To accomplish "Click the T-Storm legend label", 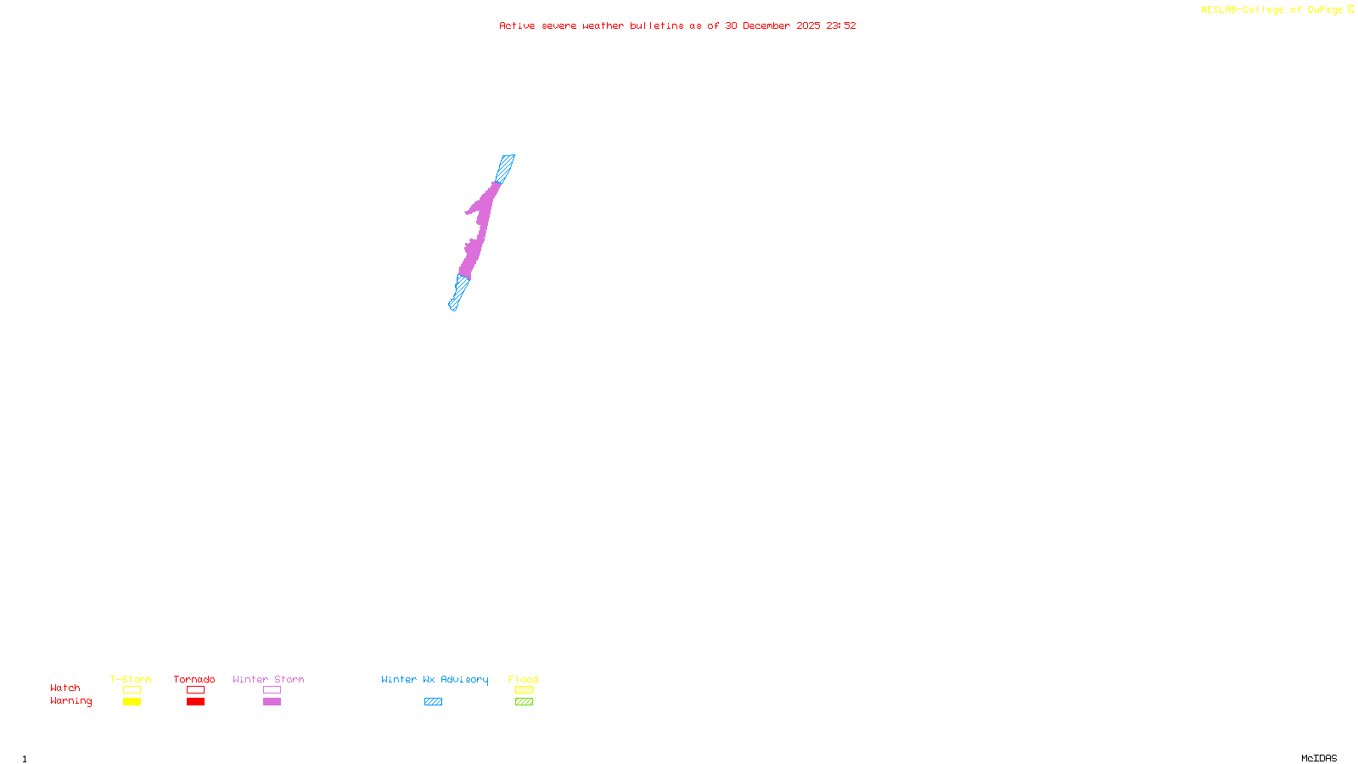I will point(131,679).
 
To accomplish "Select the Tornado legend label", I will point(194,679).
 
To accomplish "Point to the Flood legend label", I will point(524,679).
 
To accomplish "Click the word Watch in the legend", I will point(65,688).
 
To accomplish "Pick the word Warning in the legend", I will point(71,701).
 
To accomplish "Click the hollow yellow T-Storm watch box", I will point(132,690).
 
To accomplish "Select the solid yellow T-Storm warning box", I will point(132,702).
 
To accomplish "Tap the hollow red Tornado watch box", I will point(195,690).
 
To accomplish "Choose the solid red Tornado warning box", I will point(195,702).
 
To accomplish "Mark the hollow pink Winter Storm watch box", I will point(272,690).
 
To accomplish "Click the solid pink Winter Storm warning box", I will point(272,702).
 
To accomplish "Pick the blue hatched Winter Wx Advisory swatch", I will point(433,702).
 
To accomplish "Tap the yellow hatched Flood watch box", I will point(524,690).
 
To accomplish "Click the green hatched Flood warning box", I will point(524,702).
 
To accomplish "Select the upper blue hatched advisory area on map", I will point(505,168).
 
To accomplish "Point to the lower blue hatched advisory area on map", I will point(459,292).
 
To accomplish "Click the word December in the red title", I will point(766,25).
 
